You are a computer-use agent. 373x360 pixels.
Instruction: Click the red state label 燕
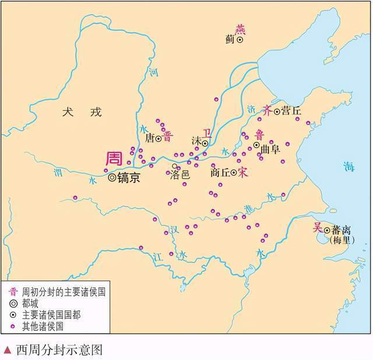(240, 29)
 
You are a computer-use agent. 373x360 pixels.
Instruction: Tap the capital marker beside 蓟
(240, 40)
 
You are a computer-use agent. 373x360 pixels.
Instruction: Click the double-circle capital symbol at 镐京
(112, 178)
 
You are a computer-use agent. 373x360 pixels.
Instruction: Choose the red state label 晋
(168, 137)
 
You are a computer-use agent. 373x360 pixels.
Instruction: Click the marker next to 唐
(158, 139)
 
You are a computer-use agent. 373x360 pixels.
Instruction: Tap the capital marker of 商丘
(234, 173)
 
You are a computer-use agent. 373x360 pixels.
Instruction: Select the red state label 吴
(318, 228)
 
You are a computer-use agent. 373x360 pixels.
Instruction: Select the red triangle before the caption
(6, 350)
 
